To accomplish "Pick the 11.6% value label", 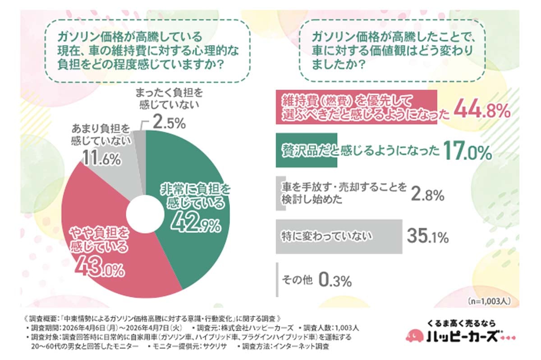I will pyautogui.click(x=101, y=159).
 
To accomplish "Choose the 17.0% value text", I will pyautogui.click(x=466, y=152).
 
